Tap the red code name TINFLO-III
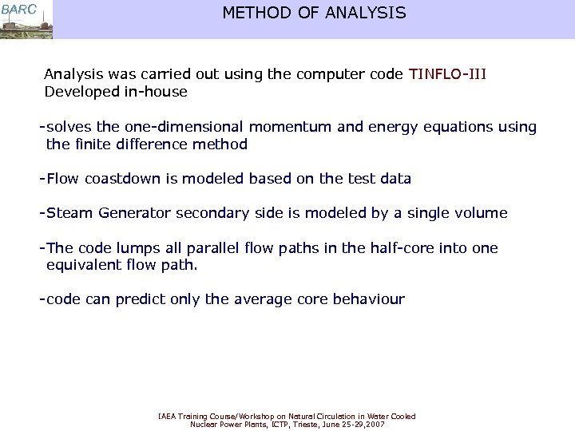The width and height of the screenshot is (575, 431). pos(447,74)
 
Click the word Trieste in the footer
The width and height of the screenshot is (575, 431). pos(312,425)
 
